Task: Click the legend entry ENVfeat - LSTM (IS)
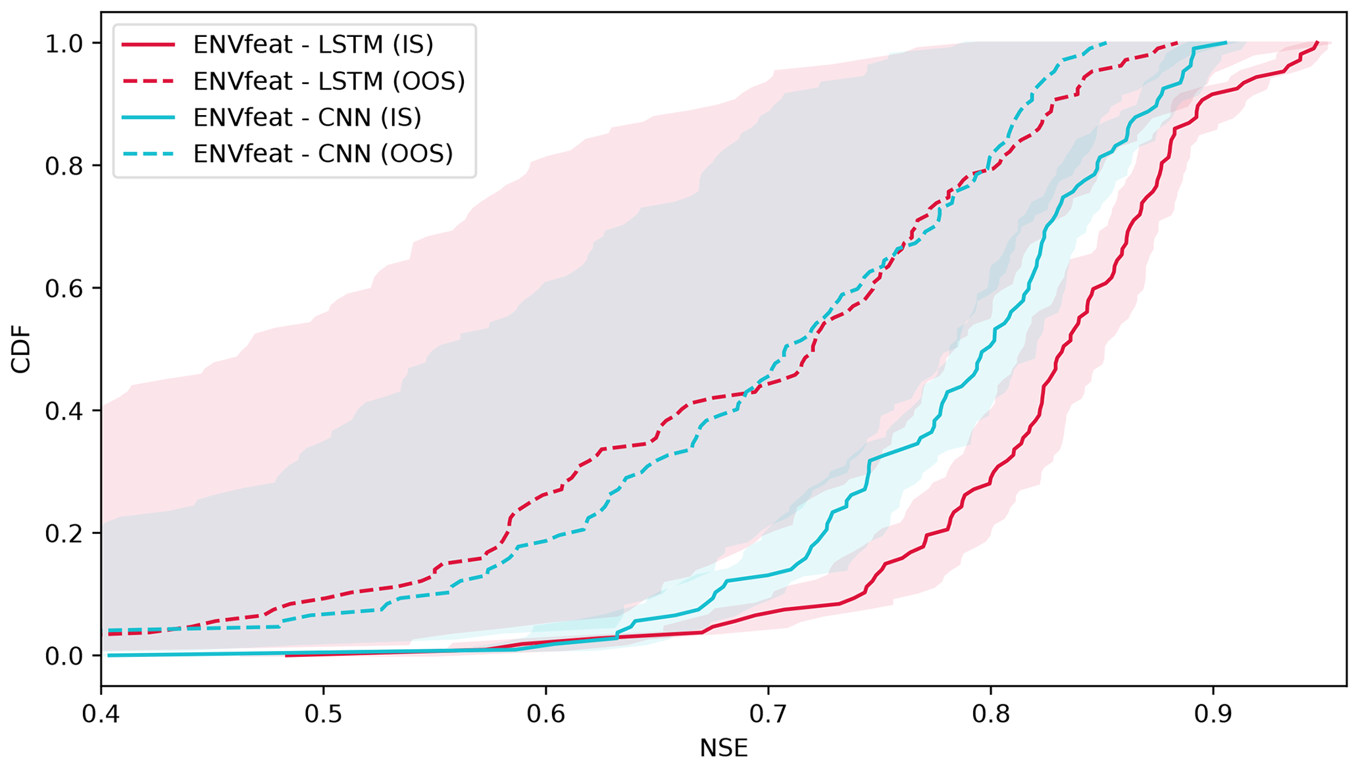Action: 313,45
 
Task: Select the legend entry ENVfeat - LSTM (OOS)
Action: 329,81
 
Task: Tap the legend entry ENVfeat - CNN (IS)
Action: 307,117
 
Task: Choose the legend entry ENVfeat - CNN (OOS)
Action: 323,153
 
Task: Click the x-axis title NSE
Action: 724,748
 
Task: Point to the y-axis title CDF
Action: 21,356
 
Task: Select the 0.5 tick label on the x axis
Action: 323,714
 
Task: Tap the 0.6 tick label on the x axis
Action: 545,714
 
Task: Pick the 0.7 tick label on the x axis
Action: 768,714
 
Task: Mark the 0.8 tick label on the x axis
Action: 990,714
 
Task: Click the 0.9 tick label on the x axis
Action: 1213,714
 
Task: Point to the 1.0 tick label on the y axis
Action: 64,43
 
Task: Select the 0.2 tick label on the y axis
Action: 64,533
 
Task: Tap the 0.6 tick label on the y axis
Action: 64,288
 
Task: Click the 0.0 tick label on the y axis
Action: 64,656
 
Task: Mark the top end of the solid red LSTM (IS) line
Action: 1317,43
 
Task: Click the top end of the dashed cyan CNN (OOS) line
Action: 1107,43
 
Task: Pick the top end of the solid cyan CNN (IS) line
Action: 1226,43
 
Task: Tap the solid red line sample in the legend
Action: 149,45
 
